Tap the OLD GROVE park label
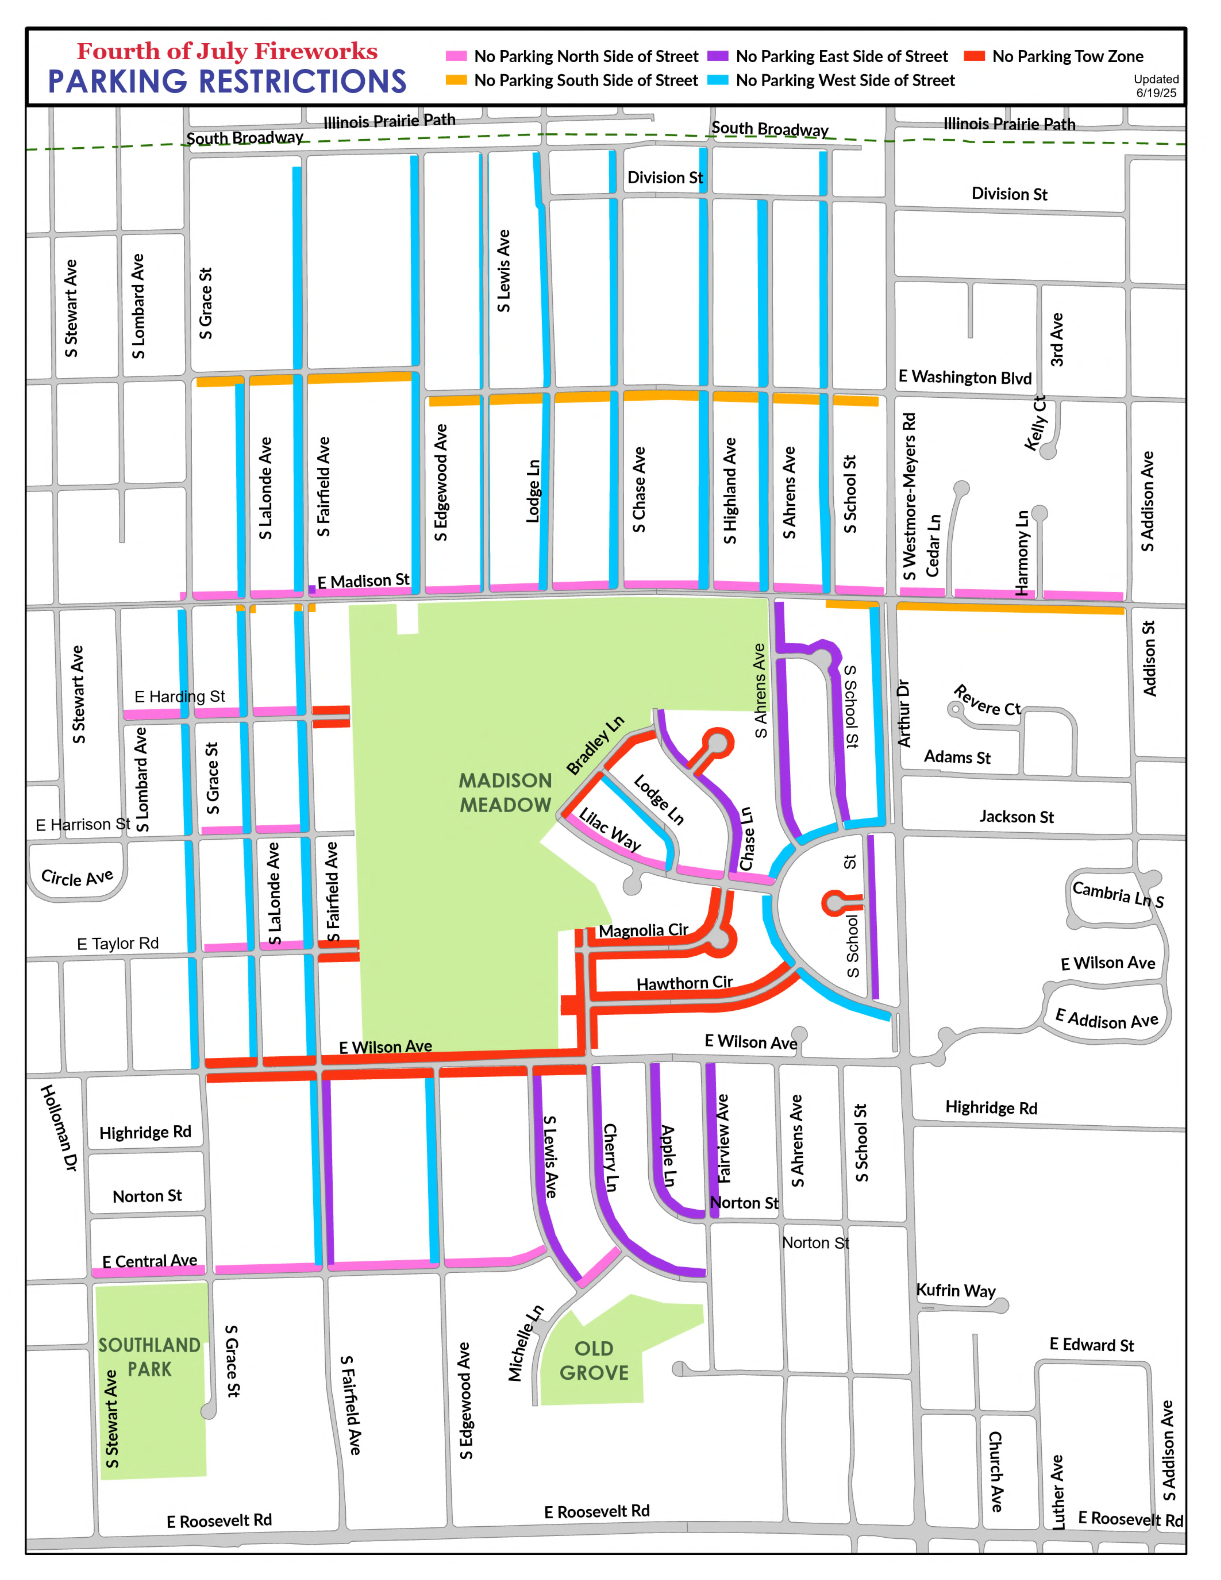(594, 1361)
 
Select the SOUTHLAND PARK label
(150, 1357)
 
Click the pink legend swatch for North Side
(456, 56)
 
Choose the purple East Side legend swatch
(717, 56)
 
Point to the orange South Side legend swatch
(456, 79)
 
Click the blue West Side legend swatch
(717, 79)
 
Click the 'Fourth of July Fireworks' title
(227, 51)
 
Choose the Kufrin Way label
(955, 1291)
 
